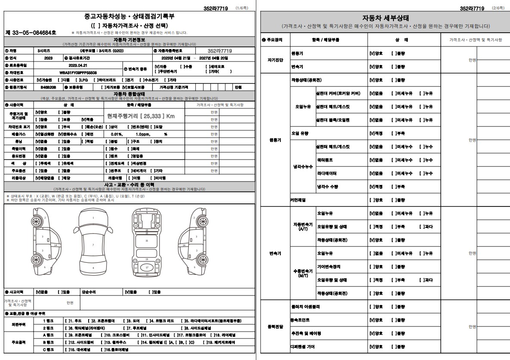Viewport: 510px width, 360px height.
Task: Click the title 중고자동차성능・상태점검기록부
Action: coord(129,17)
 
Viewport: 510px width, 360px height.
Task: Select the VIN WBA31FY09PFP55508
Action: coord(78,73)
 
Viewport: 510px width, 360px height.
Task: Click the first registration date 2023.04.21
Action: coord(78,65)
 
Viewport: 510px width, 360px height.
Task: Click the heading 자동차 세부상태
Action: coord(385,18)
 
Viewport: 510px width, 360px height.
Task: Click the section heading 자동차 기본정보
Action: coord(129,40)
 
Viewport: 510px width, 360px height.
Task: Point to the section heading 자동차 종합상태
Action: coord(129,94)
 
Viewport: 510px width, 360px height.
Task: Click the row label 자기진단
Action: coord(275,60)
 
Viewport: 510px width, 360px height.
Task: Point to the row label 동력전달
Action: coord(275,326)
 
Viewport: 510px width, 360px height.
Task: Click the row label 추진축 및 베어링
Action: coord(306,333)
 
